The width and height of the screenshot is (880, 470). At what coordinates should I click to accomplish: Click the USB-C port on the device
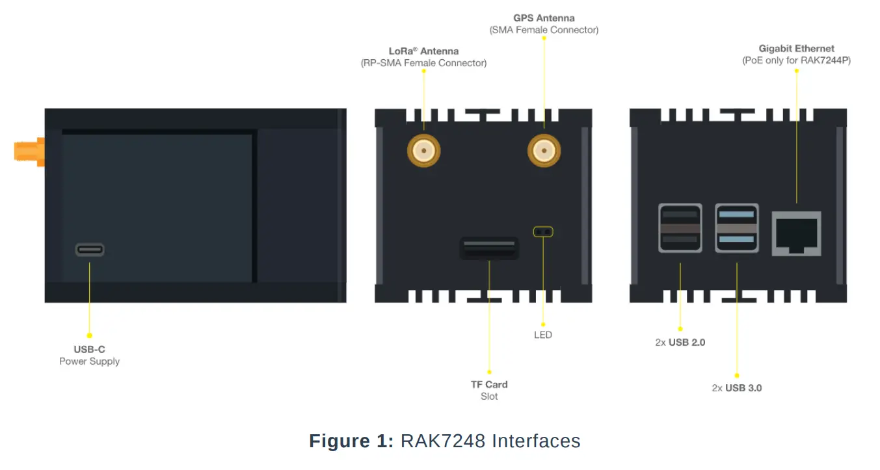pyautogui.click(x=90, y=250)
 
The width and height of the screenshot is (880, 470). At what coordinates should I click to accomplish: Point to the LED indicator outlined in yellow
pyautogui.click(x=542, y=231)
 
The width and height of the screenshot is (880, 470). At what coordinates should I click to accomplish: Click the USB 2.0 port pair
pyautogui.click(x=680, y=228)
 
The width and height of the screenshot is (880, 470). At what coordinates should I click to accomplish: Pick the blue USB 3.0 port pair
pyautogui.click(x=736, y=228)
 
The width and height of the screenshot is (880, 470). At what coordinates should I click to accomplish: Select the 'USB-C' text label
pyautogui.click(x=89, y=349)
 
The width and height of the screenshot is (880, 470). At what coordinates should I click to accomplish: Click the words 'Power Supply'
pyautogui.click(x=89, y=361)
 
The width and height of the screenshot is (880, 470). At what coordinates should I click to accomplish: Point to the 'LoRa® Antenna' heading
pyautogui.click(x=423, y=51)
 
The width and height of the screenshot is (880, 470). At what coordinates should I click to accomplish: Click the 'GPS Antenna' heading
pyautogui.click(x=544, y=18)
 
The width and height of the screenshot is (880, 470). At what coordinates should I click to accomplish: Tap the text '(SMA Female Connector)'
pyautogui.click(x=544, y=30)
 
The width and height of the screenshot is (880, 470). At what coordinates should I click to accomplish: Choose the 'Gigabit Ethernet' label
pyautogui.click(x=796, y=48)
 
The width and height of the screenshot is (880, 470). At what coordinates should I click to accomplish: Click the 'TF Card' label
pyautogui.click(x=489, y=384)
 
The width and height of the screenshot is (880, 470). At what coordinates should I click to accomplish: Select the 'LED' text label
pyautogui.click(x=542, y=335)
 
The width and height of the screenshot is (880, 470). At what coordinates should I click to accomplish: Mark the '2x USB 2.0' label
pyautogui.click(x=680, y=342)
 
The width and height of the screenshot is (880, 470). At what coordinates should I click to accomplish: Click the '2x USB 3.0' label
pyautogui.click(x=736, y=388)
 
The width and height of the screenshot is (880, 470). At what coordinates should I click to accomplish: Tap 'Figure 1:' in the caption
pyautogui.click(x=351, y=441)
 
